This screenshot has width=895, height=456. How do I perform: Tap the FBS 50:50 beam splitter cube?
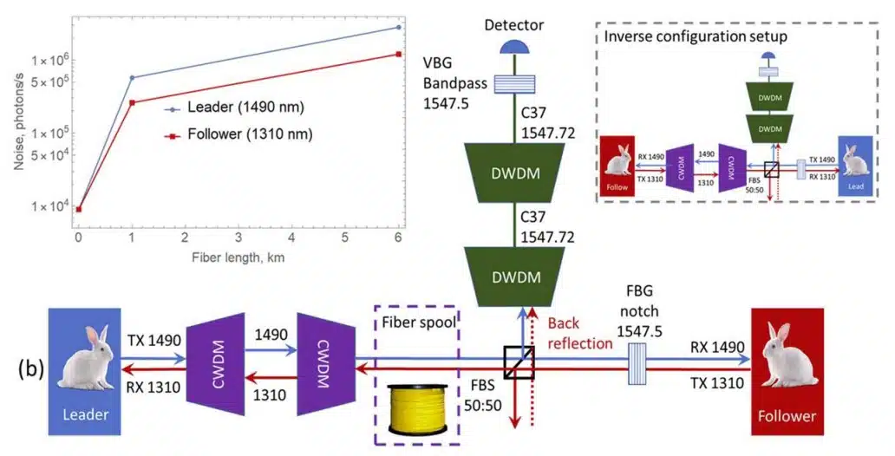click(519, 358)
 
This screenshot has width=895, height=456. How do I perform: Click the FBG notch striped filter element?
click(639, 358)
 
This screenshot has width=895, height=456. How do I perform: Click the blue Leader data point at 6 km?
click(398, 28)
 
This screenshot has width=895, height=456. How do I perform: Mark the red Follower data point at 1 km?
click(132, 102)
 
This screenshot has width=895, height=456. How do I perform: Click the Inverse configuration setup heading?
click(696, 36)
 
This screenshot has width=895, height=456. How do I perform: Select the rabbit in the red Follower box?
click(783, 355)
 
